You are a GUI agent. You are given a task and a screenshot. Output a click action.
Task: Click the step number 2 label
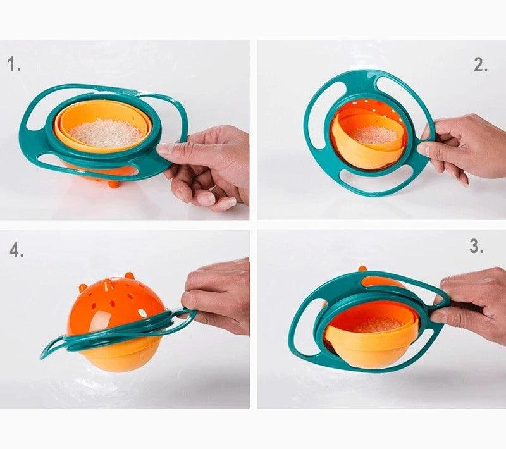point(481,66)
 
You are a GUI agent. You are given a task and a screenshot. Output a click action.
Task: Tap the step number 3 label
point(476,247)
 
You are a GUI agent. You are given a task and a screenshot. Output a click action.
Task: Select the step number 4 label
point(16,250)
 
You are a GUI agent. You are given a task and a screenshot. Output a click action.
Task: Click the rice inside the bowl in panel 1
point(106,133)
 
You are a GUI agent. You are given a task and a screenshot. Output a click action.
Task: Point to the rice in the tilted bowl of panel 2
point(376,134)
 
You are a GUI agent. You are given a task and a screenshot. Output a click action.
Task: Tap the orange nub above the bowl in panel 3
point(362,269)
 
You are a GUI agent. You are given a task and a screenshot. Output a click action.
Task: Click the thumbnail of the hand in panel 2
point(423,149)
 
